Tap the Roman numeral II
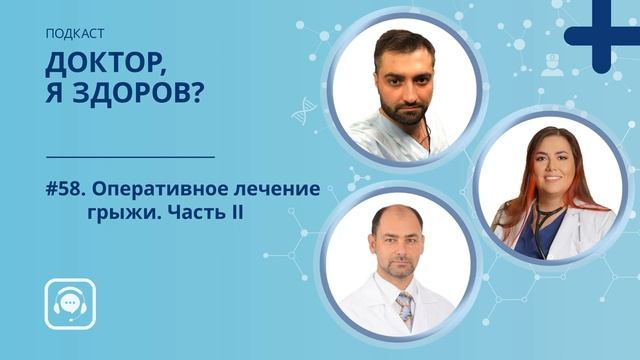point(236,215)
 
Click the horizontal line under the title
point(130,157)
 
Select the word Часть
point(194,215)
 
